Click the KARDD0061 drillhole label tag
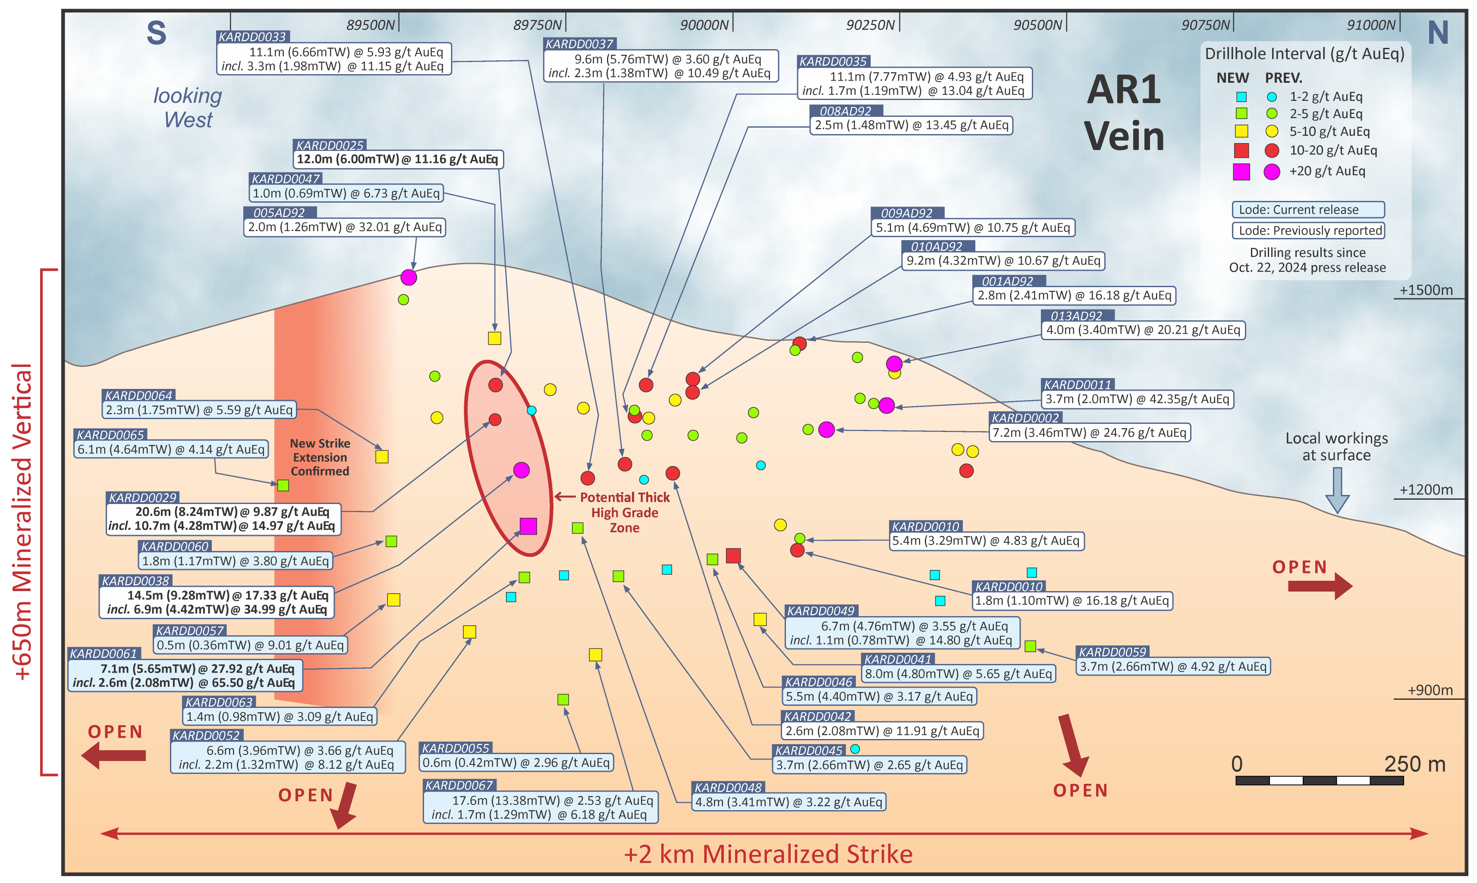tap(104, 653)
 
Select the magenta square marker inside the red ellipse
tap(528, 526)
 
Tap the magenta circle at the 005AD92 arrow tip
tap(409, 277)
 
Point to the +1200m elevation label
tap(1425, 490)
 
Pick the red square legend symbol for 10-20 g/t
tap(1241, 150)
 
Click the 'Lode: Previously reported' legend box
tap(1308, 230)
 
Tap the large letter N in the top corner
tap(1438, 33)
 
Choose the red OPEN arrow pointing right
tap(1319, 586)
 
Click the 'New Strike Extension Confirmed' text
tap(320, 457)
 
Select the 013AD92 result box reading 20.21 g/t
tap(1143, 330)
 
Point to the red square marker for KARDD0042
tap(733, 556)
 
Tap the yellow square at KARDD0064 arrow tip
tap(382, 457)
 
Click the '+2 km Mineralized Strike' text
tap(768, 854)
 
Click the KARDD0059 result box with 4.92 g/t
tap(1173, 667)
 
